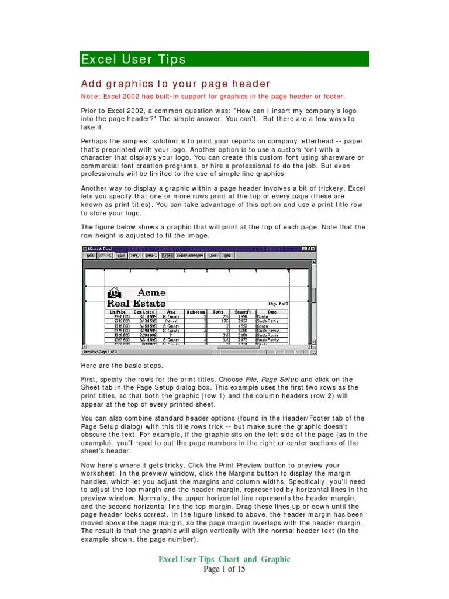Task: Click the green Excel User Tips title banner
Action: tap(224, 59)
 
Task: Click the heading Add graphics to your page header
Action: tap(176, 84)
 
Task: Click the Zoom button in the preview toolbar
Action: tap(121, 255)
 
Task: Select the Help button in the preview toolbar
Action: tap(227, 255)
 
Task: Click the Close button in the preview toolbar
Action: tap(213, 255)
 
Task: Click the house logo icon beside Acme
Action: tap(115, 292)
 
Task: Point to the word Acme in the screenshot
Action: tap(151, 292)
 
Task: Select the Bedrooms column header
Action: tap(196, 312)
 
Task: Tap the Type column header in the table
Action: tap(272, 312)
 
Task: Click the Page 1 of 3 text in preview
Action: tap(278, 304)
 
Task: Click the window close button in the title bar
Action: tap(315, 249)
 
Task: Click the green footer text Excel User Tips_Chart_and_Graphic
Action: tap(224, 559)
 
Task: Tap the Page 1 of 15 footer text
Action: tap(224, 569)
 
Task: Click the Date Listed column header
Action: tap(144, 312)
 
